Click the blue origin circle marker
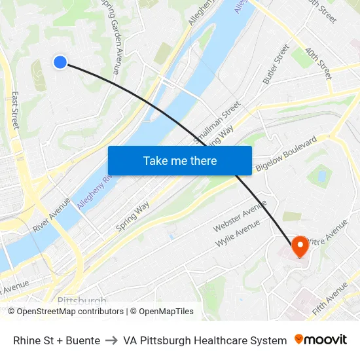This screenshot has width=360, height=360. point(60,62)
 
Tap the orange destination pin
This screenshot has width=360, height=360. point(300,247)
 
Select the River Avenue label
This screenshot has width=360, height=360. point(50,215)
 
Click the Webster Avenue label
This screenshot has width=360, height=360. point(240,216)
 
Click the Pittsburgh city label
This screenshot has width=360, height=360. point(82,300)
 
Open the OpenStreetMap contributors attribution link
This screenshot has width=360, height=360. point(66,312)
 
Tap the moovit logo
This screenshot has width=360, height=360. point(320,340)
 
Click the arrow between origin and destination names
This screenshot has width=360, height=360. point(111,340)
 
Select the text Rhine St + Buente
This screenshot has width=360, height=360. point(56,340)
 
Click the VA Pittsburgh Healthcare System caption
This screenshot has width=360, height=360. point(205,340)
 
